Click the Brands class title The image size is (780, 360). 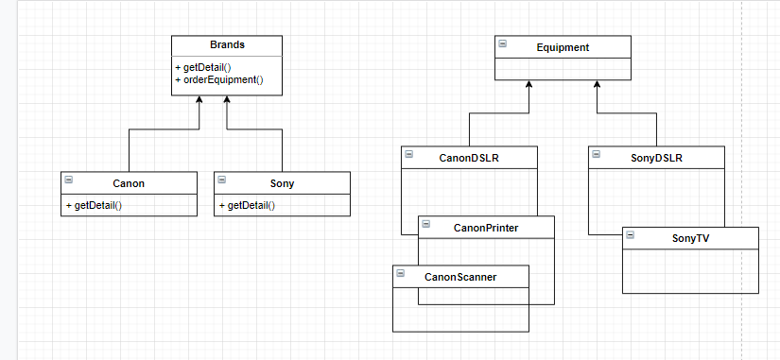pos(227,45)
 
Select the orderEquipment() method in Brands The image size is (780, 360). pos(218,80)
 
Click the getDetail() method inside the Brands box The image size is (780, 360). pos(202,68)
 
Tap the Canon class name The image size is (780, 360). pos(129,182)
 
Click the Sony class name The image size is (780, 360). pos(282,182)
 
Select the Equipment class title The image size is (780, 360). pos(563,47)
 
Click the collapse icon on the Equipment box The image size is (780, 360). pos(503,44)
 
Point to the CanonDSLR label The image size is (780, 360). pos(469,158)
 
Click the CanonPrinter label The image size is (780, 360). pos(485,228)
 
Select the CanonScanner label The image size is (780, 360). pos(459,277)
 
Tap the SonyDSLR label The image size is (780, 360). pos(655,158)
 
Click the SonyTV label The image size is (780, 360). pos(689,239)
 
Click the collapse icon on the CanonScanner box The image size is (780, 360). pos(401,274)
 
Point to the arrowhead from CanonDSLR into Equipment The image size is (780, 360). pos(529,86)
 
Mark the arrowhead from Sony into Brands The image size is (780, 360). pos(227,100)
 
